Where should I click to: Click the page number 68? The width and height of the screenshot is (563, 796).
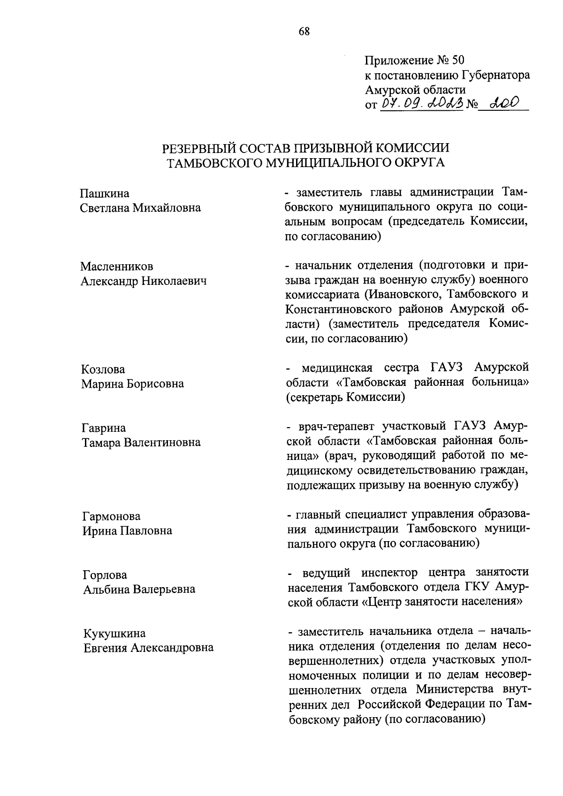304,31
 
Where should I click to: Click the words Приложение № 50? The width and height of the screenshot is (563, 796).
414,60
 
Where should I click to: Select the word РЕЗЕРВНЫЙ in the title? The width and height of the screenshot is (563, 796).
199,148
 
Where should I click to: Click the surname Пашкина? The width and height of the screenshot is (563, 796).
105,193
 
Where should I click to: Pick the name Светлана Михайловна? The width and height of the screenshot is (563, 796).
140,207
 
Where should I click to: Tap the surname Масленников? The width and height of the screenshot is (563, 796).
116,266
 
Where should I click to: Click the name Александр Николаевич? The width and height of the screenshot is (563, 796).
144,281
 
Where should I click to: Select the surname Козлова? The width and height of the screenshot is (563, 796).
103,369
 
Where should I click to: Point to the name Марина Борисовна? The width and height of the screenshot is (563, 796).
132,383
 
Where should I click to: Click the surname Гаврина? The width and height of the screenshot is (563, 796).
104,428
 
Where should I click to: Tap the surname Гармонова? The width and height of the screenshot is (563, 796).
111,516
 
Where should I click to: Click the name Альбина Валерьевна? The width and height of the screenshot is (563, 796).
139,589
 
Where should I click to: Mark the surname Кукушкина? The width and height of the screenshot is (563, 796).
114,633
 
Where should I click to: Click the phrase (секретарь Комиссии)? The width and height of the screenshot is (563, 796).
345,398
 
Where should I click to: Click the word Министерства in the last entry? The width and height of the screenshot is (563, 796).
454,689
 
